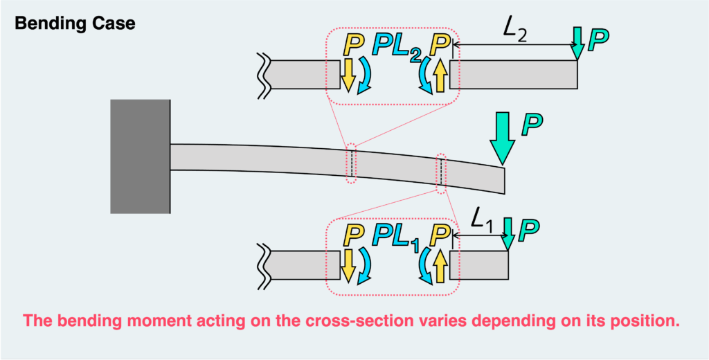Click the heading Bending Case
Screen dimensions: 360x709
[75, 23]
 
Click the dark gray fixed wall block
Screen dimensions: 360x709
[141, 156]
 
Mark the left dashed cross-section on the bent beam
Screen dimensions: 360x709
[352, 163]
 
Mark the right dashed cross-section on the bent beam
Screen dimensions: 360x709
[440, 172]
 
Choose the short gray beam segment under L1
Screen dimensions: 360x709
[479, 265]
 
